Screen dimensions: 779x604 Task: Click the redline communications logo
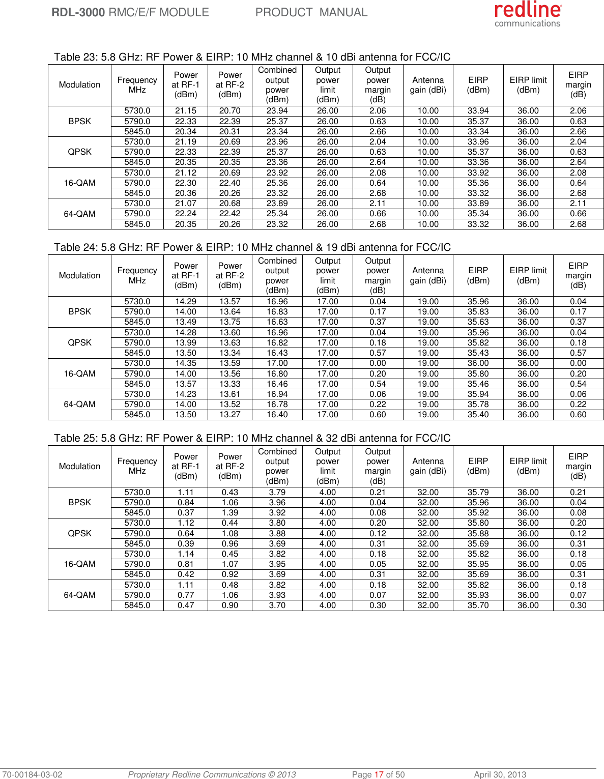[x=528, y=14]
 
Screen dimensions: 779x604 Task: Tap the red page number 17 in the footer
[x=379, y=774]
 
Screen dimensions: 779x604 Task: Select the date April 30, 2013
[x=500, y=774]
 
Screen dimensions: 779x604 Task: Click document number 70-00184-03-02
[x=32, y=774]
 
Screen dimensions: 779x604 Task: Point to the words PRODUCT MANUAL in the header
[x=311, y=12]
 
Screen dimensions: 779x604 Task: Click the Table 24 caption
[x=252, y=247]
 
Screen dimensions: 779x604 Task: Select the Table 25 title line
[x=252, y=438]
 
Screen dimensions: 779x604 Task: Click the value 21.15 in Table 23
[x=186, y=111]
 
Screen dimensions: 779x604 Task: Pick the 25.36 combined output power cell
[x=277, y=183]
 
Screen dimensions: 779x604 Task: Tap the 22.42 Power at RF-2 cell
[x=230, y=214]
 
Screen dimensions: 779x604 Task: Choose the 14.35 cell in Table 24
[x=186, y=363]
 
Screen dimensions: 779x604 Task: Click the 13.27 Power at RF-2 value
[x=230, y=415]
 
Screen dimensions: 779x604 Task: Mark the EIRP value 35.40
[x=478, y=415]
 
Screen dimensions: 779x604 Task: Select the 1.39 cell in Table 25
[x=230, y=513]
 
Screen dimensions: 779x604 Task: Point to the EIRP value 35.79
[x=478, y=493]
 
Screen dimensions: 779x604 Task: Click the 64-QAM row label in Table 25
[x=79, y=595]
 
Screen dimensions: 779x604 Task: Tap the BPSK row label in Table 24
[x=79, y=311]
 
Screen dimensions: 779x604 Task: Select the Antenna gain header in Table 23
[x=428, y=85]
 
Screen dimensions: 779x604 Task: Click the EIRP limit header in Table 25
[x=528, y=466]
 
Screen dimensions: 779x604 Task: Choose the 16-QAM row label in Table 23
[x=79, y=183]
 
